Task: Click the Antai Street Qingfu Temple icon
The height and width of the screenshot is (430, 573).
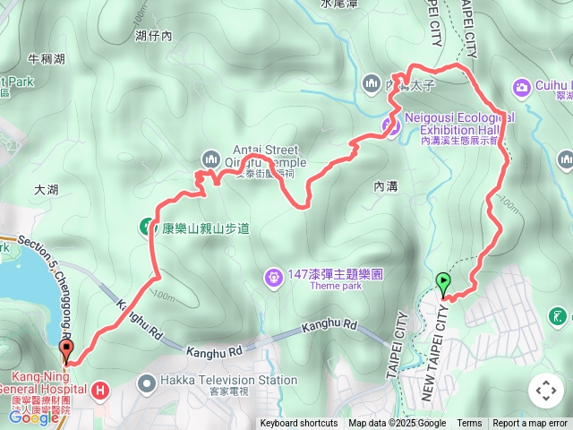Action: tap(210, 159)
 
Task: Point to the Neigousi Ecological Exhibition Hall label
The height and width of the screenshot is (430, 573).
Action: tap(459, 117)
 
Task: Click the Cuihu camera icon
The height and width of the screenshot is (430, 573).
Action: tap(521, 87)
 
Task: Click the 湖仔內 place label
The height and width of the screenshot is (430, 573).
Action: tap(153, 35)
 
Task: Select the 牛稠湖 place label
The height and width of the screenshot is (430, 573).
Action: tap(47, 60)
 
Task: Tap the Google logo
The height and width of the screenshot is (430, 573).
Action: tap(33, 417)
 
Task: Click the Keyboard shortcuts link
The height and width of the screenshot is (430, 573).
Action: tap(299, 424)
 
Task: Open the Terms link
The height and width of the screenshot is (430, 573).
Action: tap(469, 424)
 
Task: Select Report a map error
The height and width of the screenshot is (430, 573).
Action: tap(530, 424)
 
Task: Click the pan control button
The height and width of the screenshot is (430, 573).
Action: tap(545, 391)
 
